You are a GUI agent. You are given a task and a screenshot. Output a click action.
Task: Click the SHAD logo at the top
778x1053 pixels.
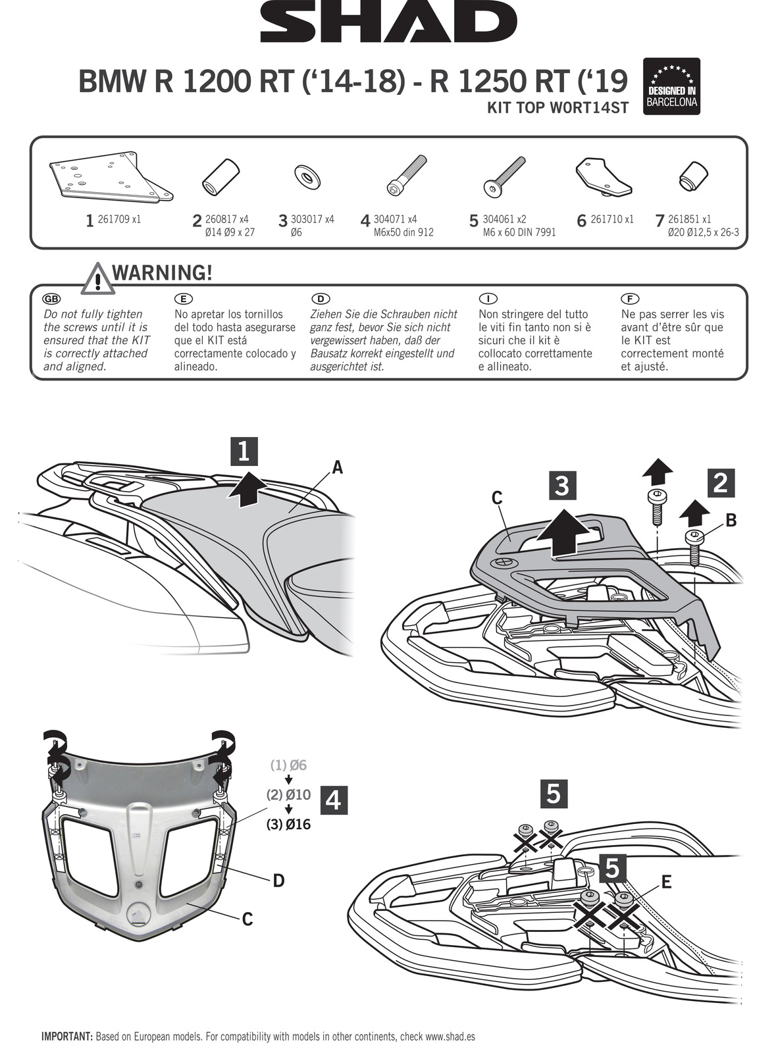388,22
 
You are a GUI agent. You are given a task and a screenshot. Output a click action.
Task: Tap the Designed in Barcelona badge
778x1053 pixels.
671,86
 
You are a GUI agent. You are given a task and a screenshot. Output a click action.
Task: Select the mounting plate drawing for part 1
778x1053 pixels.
111,176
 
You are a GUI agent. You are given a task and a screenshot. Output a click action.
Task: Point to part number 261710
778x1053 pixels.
612,219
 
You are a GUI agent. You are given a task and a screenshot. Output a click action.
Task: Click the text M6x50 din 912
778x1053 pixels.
403,232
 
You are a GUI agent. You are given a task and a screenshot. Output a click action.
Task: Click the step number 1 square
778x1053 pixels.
243,451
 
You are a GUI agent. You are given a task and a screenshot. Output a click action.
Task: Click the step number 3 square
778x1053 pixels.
561,486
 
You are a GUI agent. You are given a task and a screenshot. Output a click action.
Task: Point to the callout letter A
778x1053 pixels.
337,467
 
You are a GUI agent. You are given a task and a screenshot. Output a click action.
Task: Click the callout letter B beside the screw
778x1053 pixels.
731,521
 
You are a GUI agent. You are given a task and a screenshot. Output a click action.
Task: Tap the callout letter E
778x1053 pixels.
666,882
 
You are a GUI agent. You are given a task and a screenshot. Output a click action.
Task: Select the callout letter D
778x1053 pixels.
278,881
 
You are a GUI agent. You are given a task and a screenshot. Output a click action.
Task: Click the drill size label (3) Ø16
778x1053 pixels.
288,824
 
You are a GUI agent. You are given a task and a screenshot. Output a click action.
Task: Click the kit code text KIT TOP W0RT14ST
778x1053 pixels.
557,108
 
